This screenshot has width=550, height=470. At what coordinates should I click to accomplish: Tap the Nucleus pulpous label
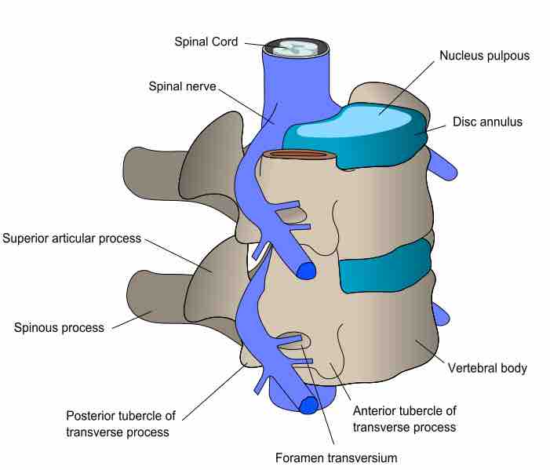(x=483, y=56)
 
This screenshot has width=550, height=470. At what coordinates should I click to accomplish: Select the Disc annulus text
(x=487, y=122)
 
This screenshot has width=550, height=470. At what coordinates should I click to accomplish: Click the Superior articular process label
(x=72, y=238)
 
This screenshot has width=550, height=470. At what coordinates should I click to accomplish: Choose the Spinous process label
(x=60, y=327)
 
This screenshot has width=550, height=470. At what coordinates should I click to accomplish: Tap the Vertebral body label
(x=486, y=367)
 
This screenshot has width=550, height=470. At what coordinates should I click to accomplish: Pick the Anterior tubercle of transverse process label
(x=404, y=419)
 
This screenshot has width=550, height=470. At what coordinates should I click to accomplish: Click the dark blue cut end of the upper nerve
(x=304, y=270)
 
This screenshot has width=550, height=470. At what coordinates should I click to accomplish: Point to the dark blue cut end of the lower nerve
(x=307, y=405)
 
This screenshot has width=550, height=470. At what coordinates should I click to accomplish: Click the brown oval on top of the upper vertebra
(x=297, y=155)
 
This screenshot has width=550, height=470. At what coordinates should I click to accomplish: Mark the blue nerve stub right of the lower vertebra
(x=441, y=314)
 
